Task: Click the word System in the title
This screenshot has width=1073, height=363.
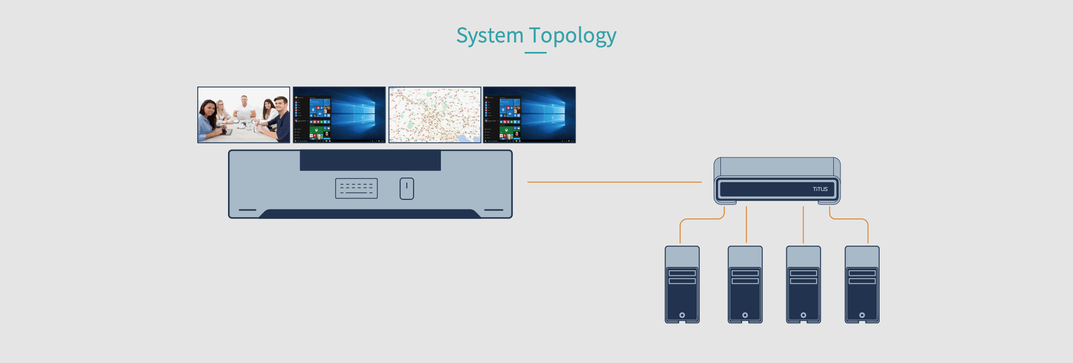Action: point(490,36)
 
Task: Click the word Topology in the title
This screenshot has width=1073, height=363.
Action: point(572,36)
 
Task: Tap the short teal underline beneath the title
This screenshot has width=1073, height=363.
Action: point(535,53)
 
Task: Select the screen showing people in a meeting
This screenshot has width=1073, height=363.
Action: point(244,114)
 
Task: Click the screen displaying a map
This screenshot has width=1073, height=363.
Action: point(435,114)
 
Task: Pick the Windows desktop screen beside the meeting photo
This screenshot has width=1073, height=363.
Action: point(339,114)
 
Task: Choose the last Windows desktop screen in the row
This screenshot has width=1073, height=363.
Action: point(529,114)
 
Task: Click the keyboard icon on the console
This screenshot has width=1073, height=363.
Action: point(356,188)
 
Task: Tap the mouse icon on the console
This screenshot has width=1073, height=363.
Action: point(407,188)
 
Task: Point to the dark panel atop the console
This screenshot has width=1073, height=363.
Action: point(370,160)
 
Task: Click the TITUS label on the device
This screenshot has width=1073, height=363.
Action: point(820,189)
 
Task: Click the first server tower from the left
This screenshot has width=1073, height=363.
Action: point(682,284)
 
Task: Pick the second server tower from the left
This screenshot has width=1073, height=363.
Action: point(745,284)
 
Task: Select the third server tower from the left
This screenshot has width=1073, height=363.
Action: point(803,284)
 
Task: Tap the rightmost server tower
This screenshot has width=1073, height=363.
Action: point(862,284)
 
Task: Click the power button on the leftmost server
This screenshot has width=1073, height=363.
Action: point(682,315)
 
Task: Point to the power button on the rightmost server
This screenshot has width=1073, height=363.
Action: point(862,315)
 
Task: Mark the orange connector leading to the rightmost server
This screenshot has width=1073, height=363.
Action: point(855,219)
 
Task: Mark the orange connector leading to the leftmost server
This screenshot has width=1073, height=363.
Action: point(693,219)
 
